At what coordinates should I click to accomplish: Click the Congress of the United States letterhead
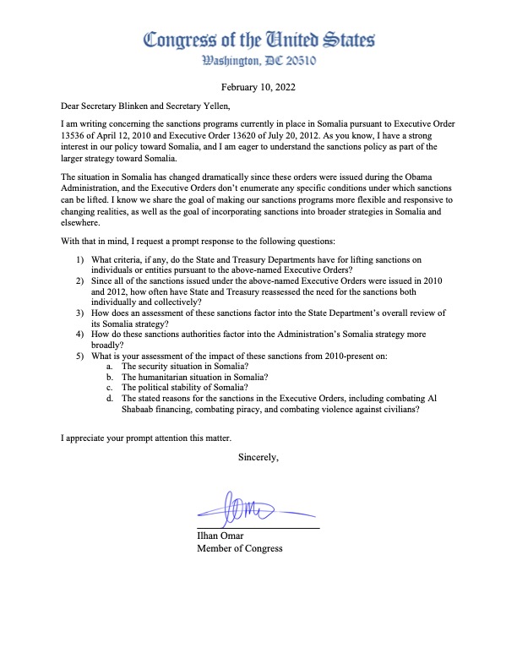pyautogui.click(x=259, y=40)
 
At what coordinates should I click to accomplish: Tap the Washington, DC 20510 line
pyautogui.click(x=259, y=61)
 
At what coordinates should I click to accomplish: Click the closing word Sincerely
pyautogui.click(x=259, y=457)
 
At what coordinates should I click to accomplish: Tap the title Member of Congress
pyautogui.click(x=239, y=547)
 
